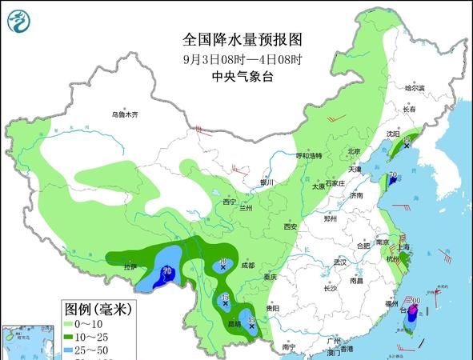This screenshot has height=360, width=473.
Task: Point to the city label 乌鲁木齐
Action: (125, 114)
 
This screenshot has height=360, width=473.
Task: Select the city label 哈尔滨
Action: (414, 88)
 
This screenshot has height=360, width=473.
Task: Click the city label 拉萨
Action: (130, 266)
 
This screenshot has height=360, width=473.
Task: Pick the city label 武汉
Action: (339, 262)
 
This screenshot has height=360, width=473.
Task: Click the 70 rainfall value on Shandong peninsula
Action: (393, 175)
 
